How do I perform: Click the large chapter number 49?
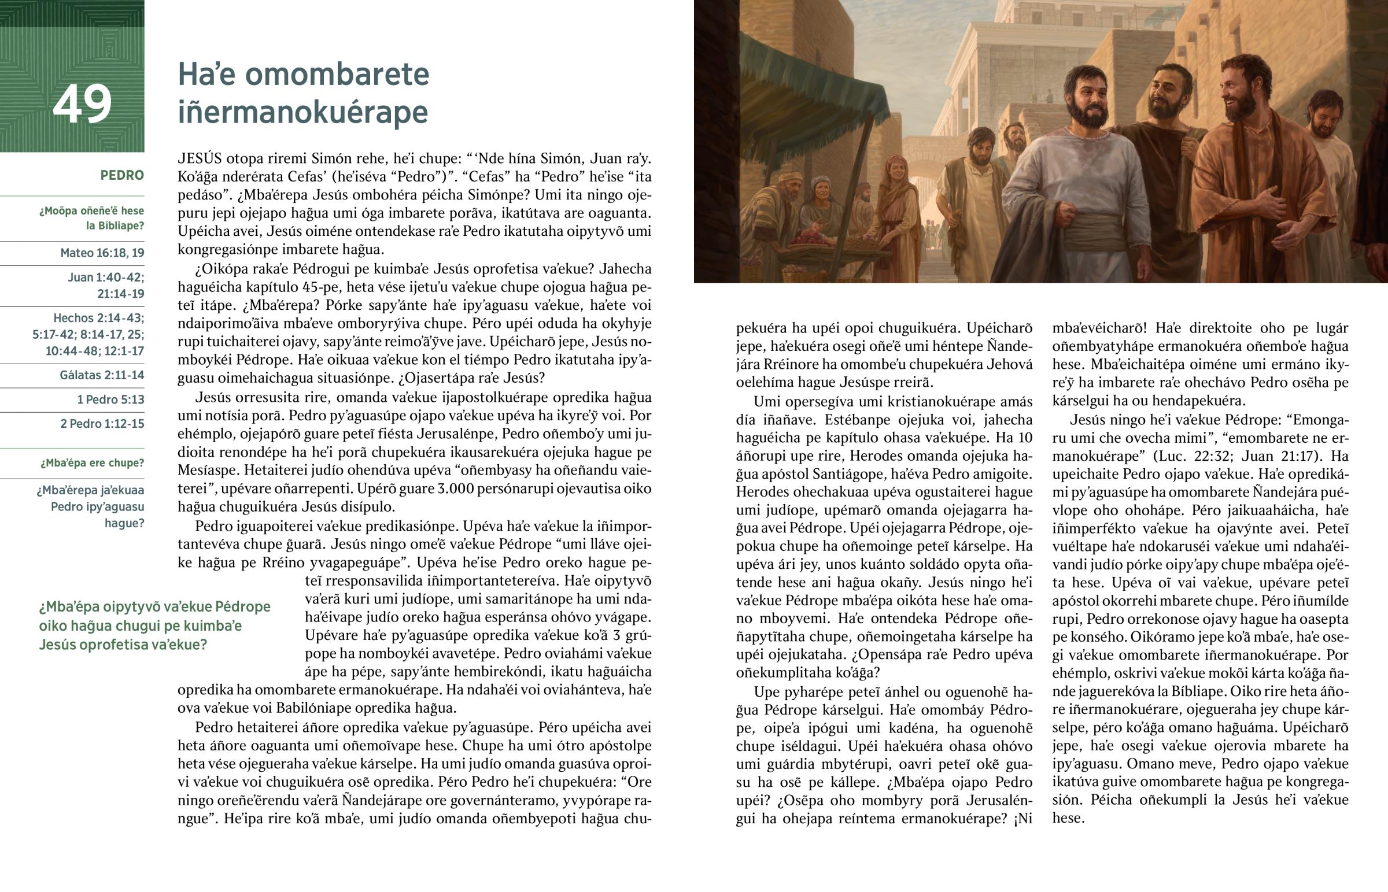click(x=82, y=104)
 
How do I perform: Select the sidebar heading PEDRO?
click(x=121, y=176)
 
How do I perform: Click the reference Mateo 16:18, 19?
click(x=102, y=253)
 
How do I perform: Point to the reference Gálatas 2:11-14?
click(x=101, y=375)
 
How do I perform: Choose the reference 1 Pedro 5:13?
click(x=110, y=399)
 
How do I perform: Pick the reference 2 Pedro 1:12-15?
click(x=102, y=424)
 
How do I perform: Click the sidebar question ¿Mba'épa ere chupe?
click(x=92, y=464)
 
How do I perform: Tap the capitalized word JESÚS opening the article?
click(x=200, y=159)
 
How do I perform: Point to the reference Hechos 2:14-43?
click(x=98, y=319)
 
